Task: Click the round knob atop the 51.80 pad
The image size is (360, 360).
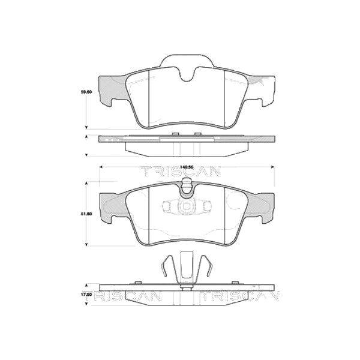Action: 186,190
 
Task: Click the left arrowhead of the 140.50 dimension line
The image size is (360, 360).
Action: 100,166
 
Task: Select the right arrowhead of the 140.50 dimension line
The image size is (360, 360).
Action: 274,166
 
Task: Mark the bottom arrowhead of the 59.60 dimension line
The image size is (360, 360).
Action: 87,127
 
